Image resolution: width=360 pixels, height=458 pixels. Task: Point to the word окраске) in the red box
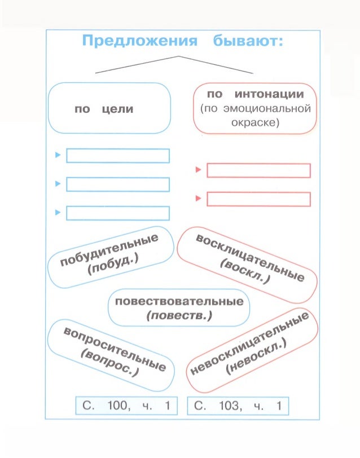(x=252, y=122)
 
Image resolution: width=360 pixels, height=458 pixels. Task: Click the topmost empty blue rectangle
(x=118, y=155)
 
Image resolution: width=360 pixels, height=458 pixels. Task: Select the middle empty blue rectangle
(x=118, y=184)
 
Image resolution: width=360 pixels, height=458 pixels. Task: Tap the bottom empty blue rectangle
(x=118, y=213)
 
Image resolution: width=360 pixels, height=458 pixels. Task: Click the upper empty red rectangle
(x=258, y=170)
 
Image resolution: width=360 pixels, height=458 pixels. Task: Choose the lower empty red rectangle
(x=258, y=199)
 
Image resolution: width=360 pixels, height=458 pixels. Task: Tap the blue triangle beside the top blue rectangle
(x=58, y=155)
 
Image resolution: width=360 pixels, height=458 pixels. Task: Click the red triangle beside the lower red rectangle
(x=198, y=199)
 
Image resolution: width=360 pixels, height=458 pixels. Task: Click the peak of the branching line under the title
(x=179, y=56)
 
